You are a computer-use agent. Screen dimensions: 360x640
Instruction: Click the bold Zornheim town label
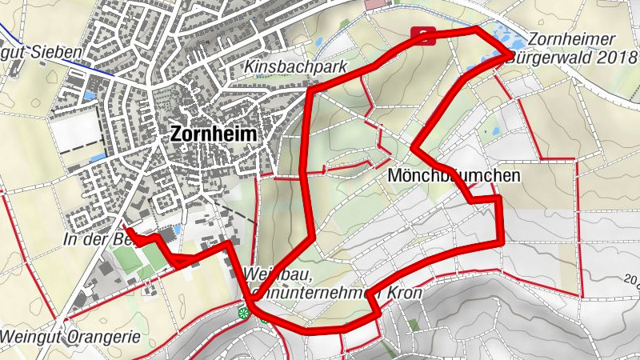(x=214, y=135)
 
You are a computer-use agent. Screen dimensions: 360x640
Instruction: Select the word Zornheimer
(x=570, y=39)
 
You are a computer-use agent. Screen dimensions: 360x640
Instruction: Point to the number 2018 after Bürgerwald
(x=612, y=58)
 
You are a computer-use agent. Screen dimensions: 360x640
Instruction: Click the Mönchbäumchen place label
(x=454, y=174)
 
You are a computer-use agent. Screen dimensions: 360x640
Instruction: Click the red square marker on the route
(x=423, y=34)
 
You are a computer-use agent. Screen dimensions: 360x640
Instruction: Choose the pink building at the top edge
(x=374, y=4)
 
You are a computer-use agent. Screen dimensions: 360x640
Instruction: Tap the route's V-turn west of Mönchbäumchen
(x=414, y=146)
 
